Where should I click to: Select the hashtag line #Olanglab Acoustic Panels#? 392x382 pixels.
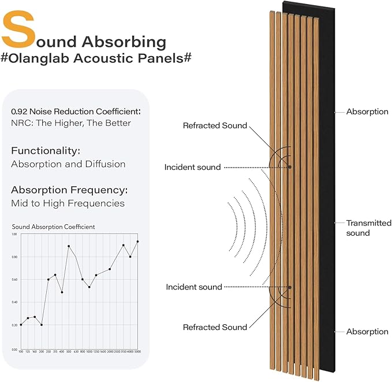point(96,60)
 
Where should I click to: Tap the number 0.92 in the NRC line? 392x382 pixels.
point(20,111)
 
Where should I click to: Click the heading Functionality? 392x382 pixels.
point(45,151)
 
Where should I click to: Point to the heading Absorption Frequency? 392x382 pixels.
point(69,190)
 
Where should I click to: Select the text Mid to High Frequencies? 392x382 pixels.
point(68,203)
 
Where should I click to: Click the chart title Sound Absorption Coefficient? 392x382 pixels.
point(53,227)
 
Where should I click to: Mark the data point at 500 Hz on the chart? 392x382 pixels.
point(69,246)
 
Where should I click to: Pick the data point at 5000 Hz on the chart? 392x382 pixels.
point(137,242)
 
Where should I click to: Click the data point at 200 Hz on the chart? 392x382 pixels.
point(41,325)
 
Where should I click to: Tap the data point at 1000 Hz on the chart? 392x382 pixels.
point(89,287)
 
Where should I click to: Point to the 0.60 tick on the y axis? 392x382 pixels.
point(14,280)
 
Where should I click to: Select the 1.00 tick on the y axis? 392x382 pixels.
point(14,234)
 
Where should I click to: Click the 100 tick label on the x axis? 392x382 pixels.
point(21,351)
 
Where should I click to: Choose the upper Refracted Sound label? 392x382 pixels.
point(215,125)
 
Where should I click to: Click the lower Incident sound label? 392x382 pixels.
point(194,287)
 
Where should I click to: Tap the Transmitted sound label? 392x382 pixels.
point(368,228)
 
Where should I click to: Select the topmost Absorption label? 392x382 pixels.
point(367,112)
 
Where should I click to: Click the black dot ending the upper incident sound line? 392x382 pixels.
point(290,167)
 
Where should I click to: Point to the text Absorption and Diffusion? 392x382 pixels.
point(68,164)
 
